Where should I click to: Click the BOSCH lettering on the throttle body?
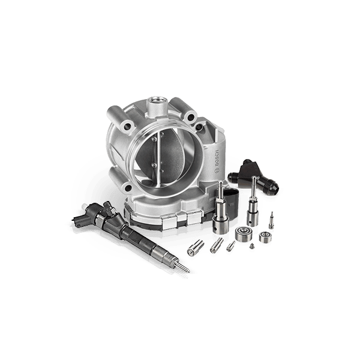tap(217, 158)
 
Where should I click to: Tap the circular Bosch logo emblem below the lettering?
tap(217, 171)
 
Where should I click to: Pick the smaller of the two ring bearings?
tap(265, 238)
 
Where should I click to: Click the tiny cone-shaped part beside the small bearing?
tap(252, 246)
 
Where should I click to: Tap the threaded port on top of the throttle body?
tap(157, 101)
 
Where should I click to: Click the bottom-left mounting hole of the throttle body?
tap(128, 188)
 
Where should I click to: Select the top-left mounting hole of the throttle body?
tap(127, 126)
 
